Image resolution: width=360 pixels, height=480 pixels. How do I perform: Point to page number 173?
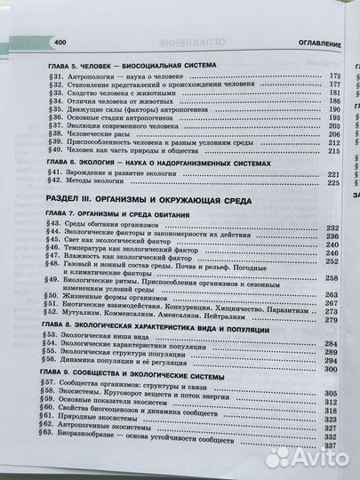(309, 77)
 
